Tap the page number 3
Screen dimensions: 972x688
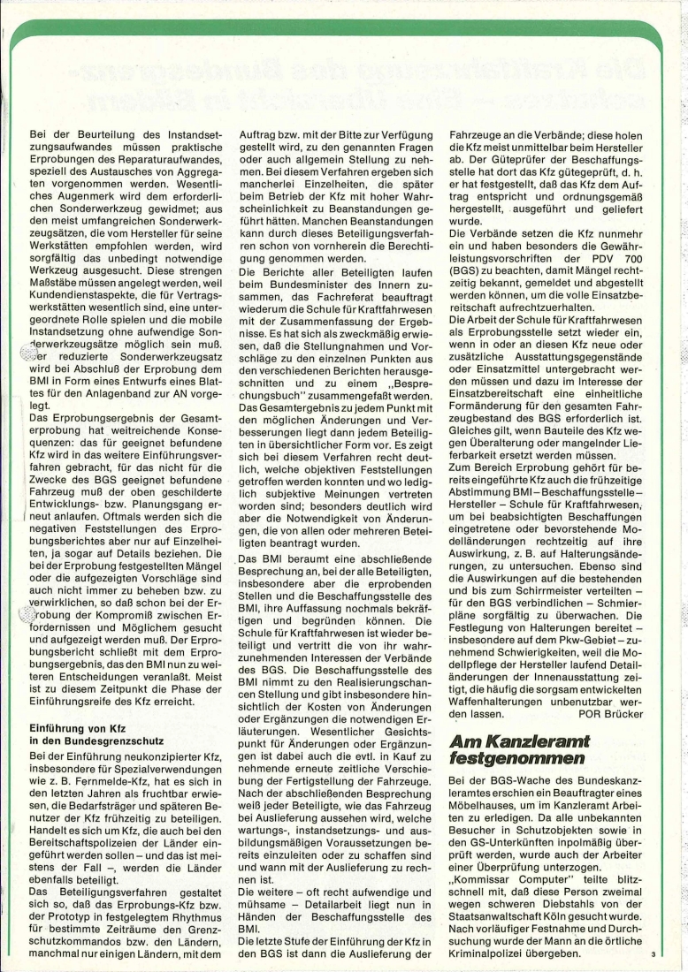coord(653,953)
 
